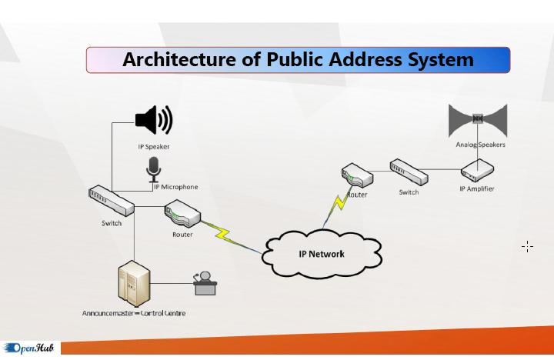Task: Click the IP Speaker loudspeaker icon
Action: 153,120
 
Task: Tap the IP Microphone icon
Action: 154,168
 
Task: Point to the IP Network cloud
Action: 322,253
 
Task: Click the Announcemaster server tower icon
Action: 132,285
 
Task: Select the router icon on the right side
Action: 358,176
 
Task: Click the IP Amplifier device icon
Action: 477,170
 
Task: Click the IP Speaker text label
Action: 153,146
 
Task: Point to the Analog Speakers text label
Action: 480,145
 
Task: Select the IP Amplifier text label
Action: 477,188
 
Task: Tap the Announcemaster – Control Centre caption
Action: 134,313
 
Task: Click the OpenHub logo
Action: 29,348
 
